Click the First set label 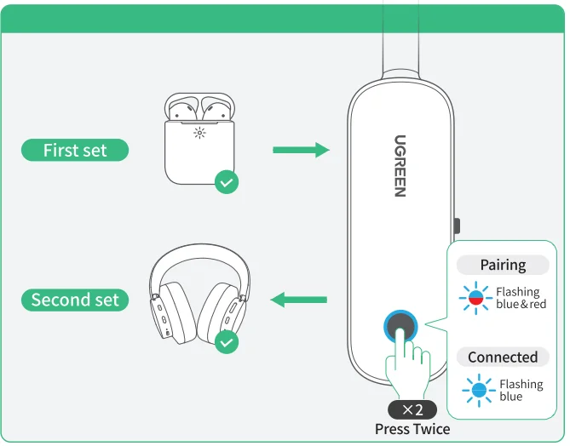point(75,151)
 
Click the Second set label point(75,300)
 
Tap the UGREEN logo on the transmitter point(400,166)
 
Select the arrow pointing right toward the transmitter point(300,151)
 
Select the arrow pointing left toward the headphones point(298,300)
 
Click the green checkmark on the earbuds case point(226,181)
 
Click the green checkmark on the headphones point(226,342)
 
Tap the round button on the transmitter point(400,326)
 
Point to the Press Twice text point(412,429)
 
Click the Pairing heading point(503,266)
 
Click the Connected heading point(503,357)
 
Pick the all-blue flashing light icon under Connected point(478,391)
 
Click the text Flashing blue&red point(521,299)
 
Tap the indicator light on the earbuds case point(199,133)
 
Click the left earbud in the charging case point(181,109)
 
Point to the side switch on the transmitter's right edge point(457,226)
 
